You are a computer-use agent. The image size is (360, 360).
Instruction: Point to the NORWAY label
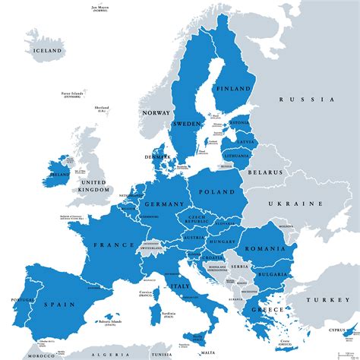tap(156, 112)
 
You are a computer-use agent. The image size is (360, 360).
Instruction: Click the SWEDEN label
tap(186, 123)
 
